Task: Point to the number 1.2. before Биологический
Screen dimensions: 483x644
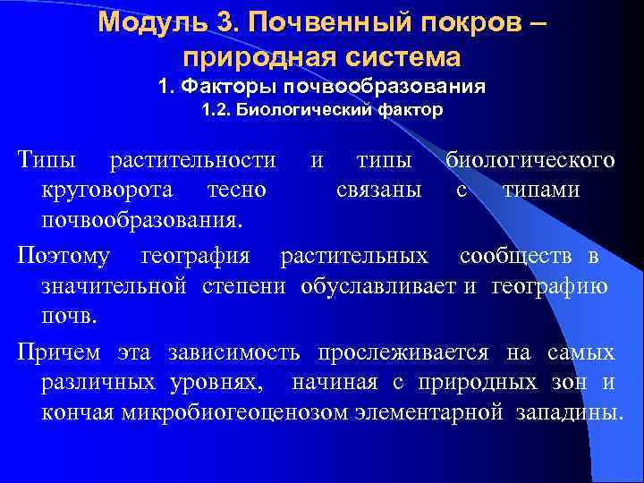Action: click(218, 111)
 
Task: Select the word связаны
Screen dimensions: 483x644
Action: click(378, 190)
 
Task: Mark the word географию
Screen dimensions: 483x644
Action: click(550, 286)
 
